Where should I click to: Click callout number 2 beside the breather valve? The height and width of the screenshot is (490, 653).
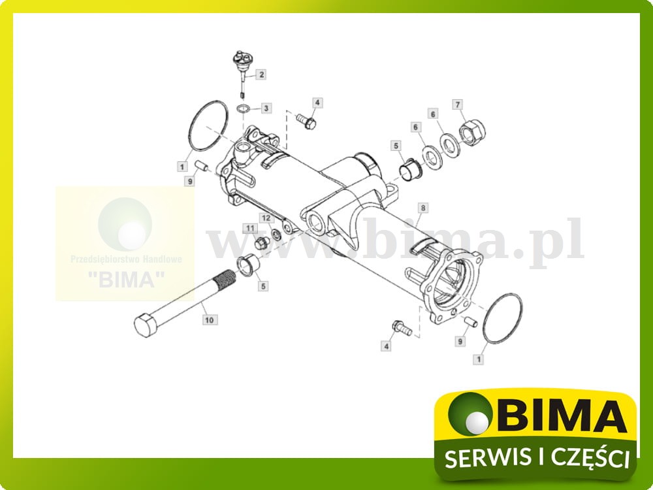coord(261,74)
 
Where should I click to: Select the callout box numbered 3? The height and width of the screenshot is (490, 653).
coord(266,107)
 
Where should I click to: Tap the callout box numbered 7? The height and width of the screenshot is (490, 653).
coord(458,105)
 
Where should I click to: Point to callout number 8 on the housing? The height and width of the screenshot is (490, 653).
coord(422,208)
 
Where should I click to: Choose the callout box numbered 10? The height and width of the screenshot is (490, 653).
coord(209,320)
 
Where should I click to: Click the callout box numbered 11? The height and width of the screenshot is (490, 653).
coord(249,227)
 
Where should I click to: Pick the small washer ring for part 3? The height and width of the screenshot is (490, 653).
coord(242,108)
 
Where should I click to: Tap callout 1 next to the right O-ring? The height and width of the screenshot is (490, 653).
coord(481,359)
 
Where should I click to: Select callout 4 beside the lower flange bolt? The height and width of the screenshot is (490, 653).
coord(386,346)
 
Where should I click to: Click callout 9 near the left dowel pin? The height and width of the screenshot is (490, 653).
coord(189,181)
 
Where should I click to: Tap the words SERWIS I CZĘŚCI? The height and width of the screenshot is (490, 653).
coord(536,458)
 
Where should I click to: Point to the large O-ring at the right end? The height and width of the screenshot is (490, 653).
coord(503,318)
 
